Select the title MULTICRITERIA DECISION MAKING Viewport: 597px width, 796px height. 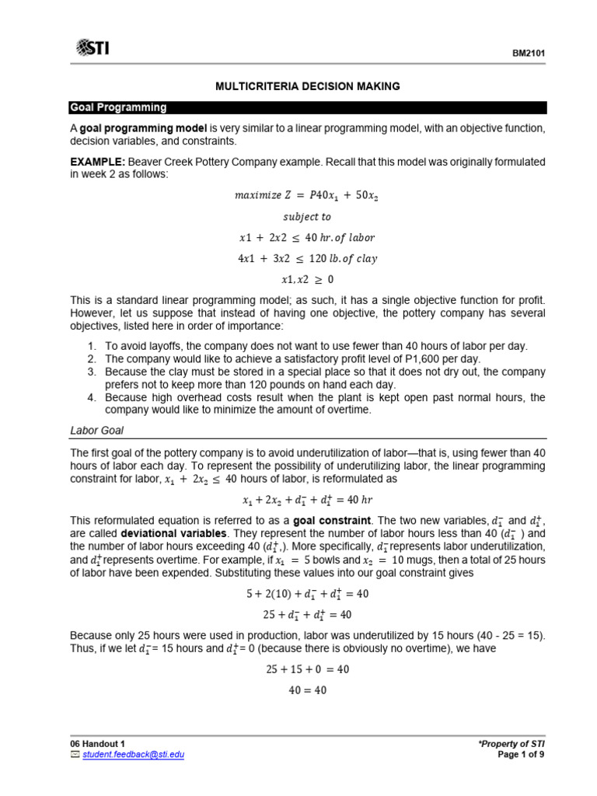[308, 86]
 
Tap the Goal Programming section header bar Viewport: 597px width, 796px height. [308, 108]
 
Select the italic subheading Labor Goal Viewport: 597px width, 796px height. [97, 430]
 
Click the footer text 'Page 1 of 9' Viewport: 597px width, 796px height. [523, 754]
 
